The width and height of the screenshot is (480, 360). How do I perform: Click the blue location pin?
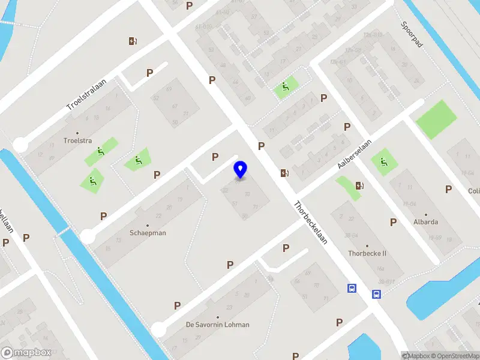[240, 170]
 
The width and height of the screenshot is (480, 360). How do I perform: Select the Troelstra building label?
[77, 141]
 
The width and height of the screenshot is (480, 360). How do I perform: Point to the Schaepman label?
[148, 233]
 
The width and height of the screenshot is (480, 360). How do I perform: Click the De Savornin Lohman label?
[217, 325]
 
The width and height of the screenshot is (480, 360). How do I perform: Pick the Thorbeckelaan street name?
[310, 221]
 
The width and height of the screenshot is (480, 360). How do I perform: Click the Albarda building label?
[426, 221]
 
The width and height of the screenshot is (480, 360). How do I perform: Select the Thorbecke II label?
[367, 253]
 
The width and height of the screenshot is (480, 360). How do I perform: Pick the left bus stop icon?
[352, 289]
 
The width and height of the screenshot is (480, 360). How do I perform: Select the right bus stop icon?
[376, 294]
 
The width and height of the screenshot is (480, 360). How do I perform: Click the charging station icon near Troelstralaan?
[133, 41]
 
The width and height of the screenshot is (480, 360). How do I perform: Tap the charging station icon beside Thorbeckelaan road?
[283, 173]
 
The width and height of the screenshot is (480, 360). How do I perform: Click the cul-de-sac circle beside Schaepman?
[88, 237]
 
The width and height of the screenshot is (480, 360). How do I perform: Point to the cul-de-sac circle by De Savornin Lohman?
[158, 329]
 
